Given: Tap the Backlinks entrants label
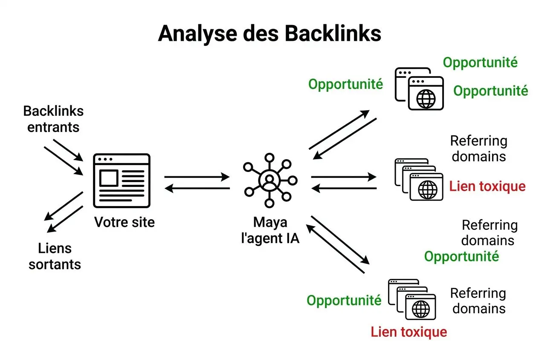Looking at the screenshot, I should (53, 119).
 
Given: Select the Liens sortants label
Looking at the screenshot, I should (55, 256).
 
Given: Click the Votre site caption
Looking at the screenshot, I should (125, 222).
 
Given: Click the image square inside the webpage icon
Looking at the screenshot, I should (109, 178).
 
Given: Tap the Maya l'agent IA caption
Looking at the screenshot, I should (270, 230).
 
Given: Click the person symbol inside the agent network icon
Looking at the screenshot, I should (268, 181).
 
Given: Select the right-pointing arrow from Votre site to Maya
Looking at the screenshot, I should (197, 177).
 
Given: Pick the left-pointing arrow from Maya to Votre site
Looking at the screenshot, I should (197, 188).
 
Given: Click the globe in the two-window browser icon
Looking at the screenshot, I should (426, 99).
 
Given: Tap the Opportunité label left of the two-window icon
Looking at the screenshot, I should (345, 84).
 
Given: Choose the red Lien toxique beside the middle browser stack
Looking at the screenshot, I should (487, 186).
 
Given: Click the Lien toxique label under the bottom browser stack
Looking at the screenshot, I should (409, 332).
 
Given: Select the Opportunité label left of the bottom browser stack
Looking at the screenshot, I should (344, 301).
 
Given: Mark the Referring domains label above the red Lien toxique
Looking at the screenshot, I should (478, 149).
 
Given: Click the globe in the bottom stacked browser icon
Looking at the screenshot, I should (421, 307).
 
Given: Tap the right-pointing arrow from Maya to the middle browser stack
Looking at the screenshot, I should (344, 177).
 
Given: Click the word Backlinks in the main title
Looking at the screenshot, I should (333, 34).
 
